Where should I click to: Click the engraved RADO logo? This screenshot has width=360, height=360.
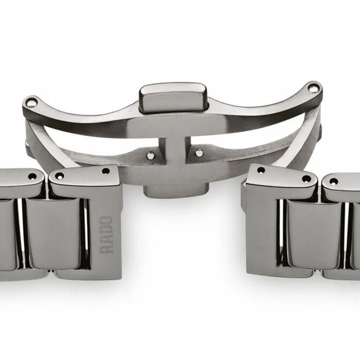[x=106, y=235]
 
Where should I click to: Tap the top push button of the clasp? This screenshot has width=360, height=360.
[x=173, y=97]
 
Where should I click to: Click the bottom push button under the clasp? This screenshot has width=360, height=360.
[x=176, y=191]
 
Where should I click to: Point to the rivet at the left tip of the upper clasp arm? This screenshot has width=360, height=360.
[x=30, y=102]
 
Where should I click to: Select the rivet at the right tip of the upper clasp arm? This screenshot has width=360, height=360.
[x=313, y=88]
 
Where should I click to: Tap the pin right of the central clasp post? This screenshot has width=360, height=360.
[x=199, y=152]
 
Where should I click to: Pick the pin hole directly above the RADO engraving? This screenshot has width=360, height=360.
[x=106, y=171]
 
